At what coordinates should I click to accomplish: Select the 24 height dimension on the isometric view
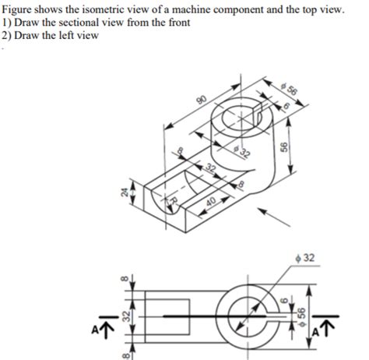(122, 194)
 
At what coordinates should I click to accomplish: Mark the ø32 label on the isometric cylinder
(241, 152)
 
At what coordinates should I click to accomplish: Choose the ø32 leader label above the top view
(306, 258)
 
